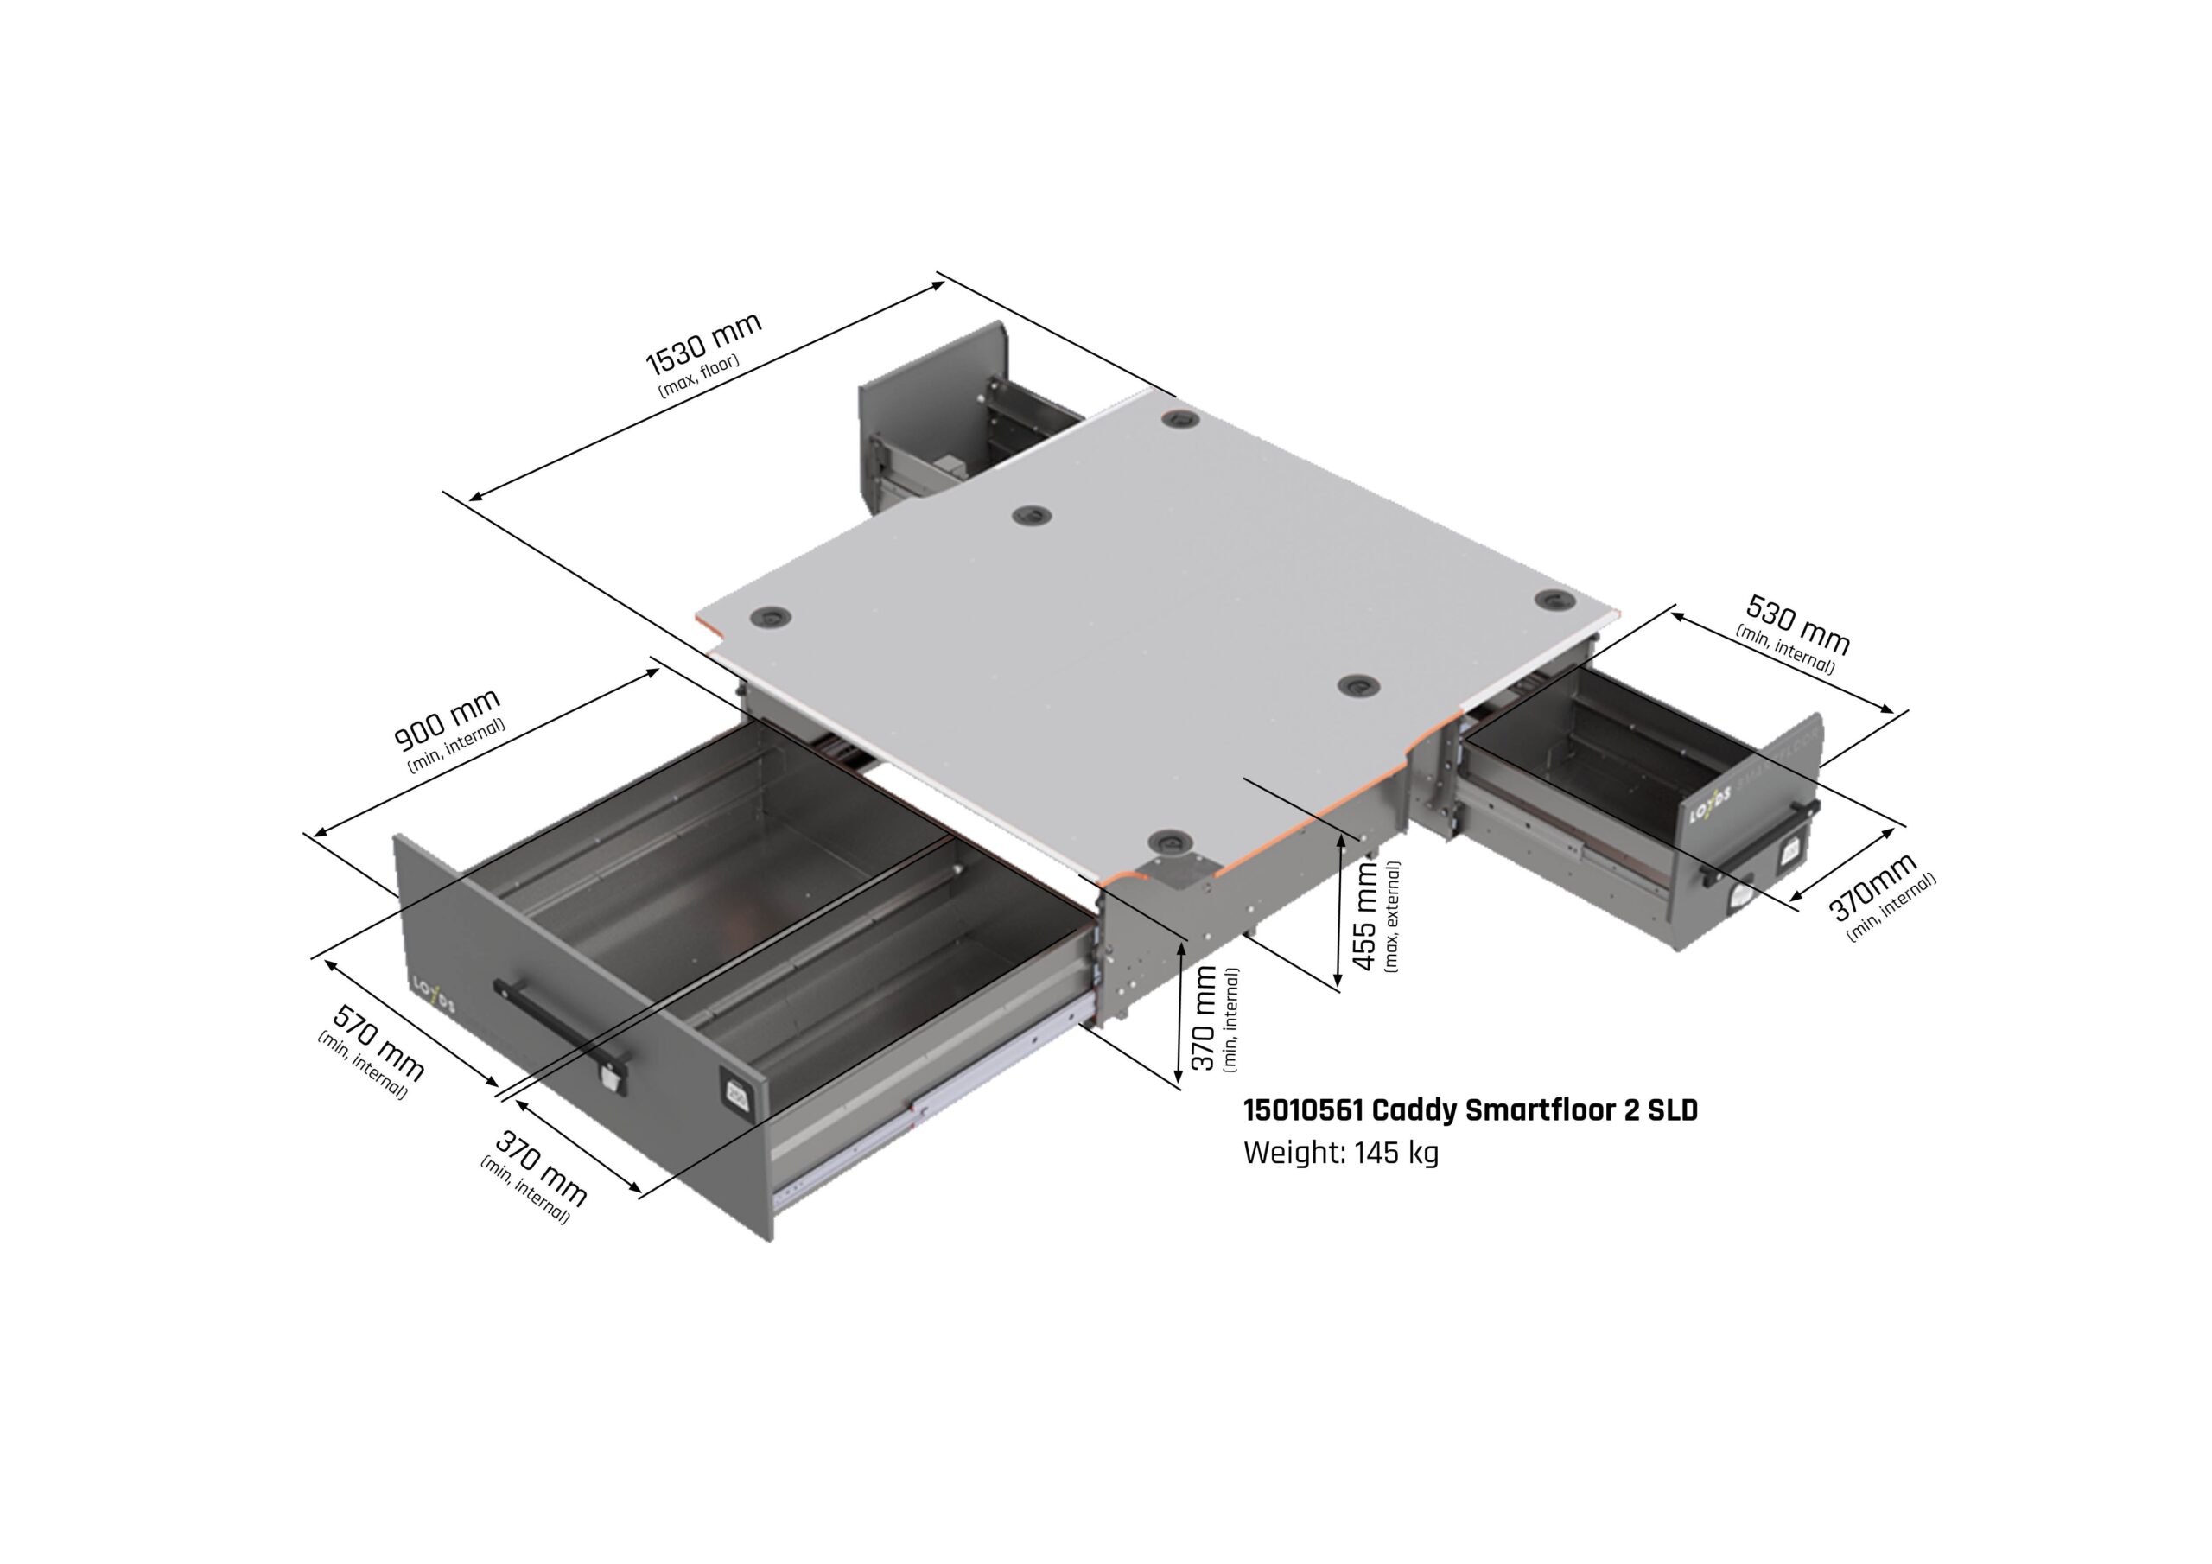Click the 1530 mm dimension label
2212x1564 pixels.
click(x=703, y=343)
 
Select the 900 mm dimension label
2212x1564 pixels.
click(x=447, y=719)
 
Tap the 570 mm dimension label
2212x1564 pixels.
click(x=378, y=1043)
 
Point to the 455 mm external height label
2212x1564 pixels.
click(x=1365, y=915)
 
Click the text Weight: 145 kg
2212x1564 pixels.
click(x=1340, y=1153)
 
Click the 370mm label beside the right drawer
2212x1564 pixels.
click(x=1872, y=887)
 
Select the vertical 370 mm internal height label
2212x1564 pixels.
click(x=1205, y=1020)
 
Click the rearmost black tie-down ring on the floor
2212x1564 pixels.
click(x=1179, y=420)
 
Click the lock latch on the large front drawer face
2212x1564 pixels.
click(x=609, y=1078)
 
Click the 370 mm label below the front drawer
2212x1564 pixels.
click(x=539, y=1170)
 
